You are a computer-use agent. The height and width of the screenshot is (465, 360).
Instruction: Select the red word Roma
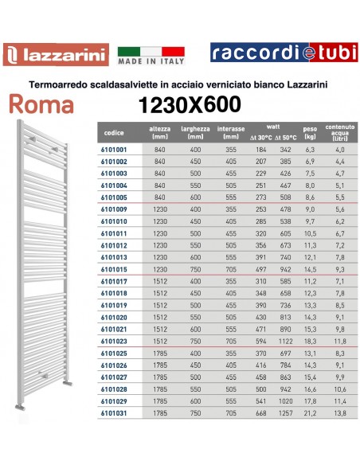(x=44, y=104)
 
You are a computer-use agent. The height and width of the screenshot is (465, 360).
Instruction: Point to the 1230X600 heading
(x=190, y=104)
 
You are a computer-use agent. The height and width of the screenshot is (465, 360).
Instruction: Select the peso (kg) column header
(x=311, y=131)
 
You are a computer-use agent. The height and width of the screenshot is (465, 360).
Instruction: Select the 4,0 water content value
(x=341, y=150)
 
